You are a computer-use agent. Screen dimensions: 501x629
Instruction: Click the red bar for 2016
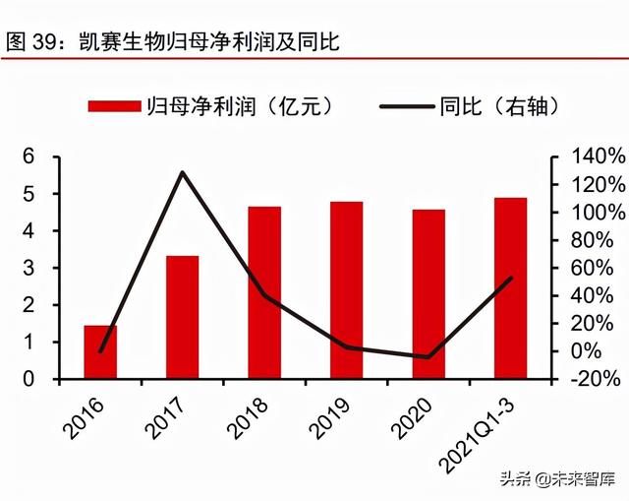click(x=100, y=351)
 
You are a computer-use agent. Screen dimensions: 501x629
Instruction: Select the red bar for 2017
click(x=182, y=317)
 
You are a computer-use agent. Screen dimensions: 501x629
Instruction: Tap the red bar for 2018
click(x=264, y=292)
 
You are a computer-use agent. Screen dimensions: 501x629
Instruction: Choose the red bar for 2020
click(x=429, y=293)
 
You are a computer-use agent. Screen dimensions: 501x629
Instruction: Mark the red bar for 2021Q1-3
click(x=510, y=287)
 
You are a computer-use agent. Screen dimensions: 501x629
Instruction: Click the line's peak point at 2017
click(x=183, y=172)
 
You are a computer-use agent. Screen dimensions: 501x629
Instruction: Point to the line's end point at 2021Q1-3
click(x=511, y=278)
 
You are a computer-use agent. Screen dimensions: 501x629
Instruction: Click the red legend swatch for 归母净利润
click(x=115, y=105)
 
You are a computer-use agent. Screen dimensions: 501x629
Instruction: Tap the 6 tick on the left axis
click(x=29, y=157)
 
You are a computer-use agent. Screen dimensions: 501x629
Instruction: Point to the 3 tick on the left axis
click(x=29, y=268)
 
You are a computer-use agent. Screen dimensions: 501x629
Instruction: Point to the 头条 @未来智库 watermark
click(x=557, y=479)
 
